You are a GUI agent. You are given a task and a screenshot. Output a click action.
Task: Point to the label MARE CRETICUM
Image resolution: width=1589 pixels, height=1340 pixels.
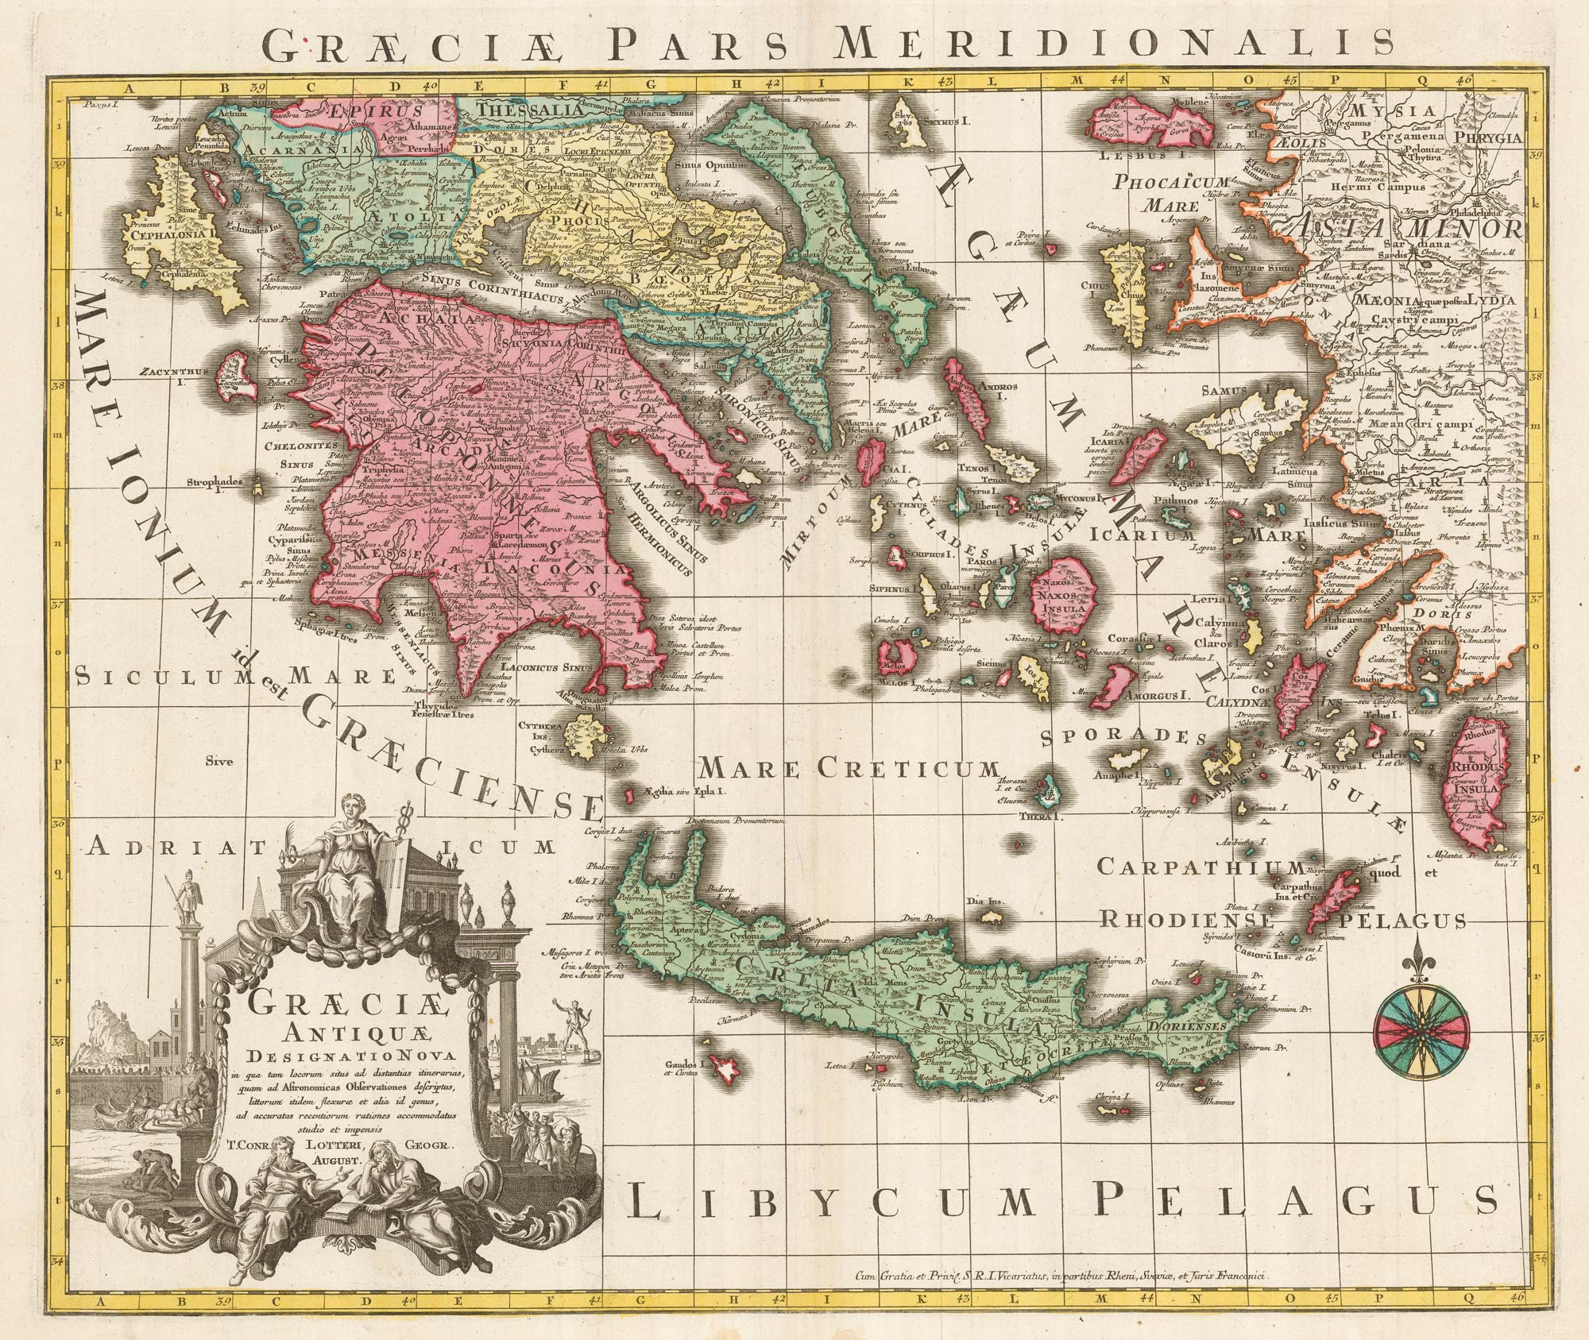(x=847, y=769)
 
